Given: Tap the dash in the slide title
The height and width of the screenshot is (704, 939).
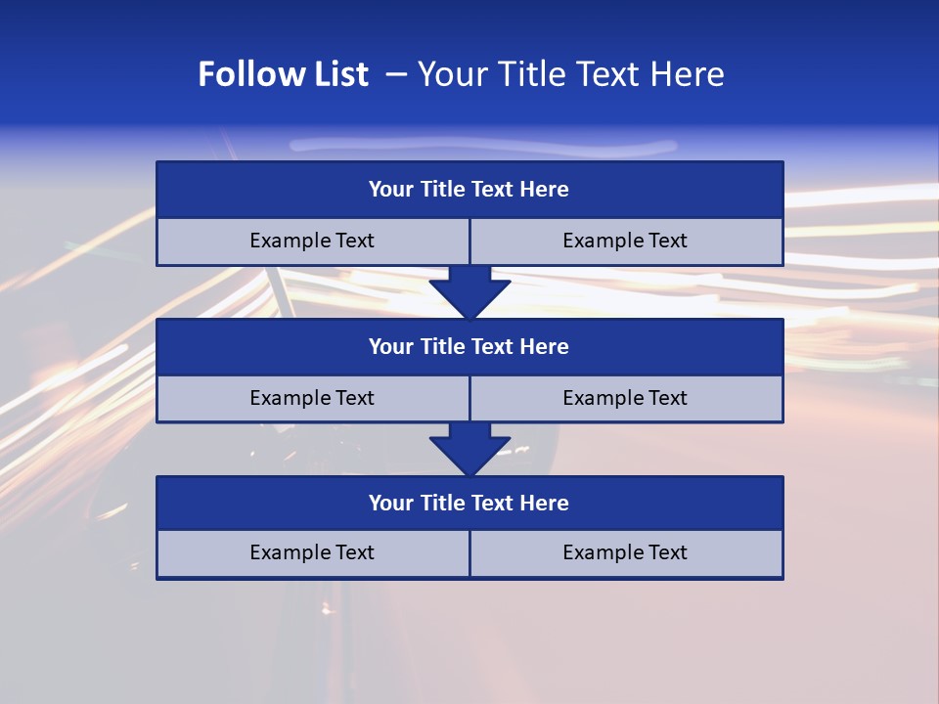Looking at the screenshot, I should coord(396,74).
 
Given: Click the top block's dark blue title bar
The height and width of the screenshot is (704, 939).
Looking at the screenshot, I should coord(469,190).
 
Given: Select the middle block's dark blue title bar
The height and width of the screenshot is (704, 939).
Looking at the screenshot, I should coord(469,346).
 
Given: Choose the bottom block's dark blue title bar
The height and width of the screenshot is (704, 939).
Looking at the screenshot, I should coord(469,503).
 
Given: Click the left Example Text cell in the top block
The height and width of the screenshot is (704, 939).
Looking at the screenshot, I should coord(312,241).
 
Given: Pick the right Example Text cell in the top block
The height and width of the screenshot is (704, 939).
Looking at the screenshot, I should coord(626,241).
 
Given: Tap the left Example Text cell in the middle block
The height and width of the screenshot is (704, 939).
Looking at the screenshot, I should coord(312,398).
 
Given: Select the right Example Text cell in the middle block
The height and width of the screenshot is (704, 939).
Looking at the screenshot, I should coord(626,398).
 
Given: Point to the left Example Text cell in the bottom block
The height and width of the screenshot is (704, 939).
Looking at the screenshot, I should coord(312,552).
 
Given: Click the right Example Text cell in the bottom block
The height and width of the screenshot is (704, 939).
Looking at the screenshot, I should coord(626,552).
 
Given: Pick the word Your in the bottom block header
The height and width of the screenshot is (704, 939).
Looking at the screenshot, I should coord(391,503).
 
